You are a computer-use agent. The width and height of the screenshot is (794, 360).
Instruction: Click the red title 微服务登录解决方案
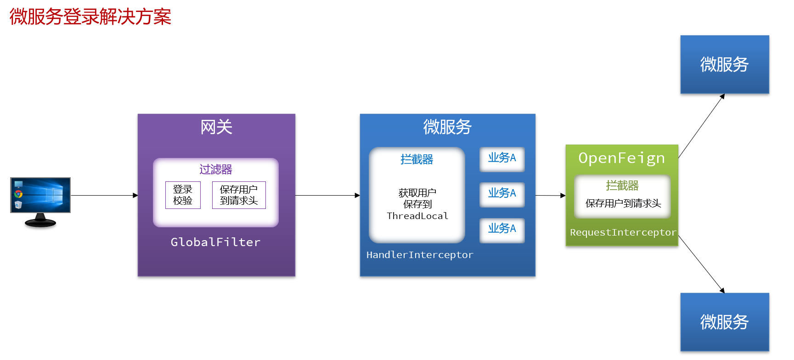(90, 17)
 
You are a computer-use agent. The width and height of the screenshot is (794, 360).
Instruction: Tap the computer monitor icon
(40, 202)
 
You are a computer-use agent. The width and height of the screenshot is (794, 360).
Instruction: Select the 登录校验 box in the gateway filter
(183, 195)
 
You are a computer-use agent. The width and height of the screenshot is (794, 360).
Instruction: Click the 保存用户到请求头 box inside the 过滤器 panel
(239, 195)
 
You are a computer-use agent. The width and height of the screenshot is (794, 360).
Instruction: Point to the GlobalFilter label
(215, 242)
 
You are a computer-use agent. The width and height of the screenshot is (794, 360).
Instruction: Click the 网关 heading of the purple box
(216, 127)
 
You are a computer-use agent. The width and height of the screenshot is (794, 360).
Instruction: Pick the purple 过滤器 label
(216, 169)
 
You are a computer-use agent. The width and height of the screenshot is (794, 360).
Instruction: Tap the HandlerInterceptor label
(420, 255)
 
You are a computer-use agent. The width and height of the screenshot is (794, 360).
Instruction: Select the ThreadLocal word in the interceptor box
(417, 216)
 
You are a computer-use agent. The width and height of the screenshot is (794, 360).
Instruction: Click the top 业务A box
(502, 159)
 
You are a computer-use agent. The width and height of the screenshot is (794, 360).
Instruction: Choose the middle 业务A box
(502, 195)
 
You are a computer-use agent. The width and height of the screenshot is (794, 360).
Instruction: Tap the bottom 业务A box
(502, 230)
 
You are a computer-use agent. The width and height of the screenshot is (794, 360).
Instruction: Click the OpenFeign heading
(622, 158)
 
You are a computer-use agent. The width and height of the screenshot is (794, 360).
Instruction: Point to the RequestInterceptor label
(623, 232)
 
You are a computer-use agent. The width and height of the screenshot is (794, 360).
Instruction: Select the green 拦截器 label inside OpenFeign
(622, 186)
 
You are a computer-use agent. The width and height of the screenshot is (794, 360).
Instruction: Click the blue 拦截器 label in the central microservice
(417, 159)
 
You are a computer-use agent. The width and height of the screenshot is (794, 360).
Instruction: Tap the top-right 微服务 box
(725, 65)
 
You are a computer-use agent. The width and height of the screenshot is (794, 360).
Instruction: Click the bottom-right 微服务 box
(725, 322)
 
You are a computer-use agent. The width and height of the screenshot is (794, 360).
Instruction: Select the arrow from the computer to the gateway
(104, 195)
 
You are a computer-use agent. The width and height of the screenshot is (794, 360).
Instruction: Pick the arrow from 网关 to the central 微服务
(328, 195)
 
